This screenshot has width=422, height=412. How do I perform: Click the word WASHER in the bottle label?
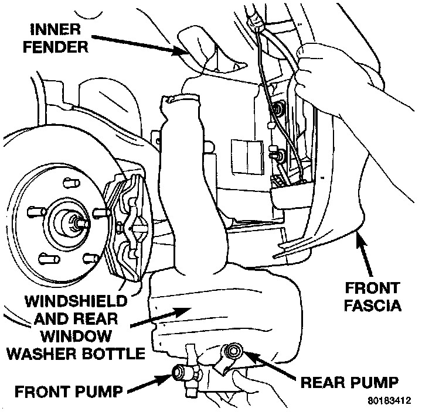(x=56, y=353)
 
